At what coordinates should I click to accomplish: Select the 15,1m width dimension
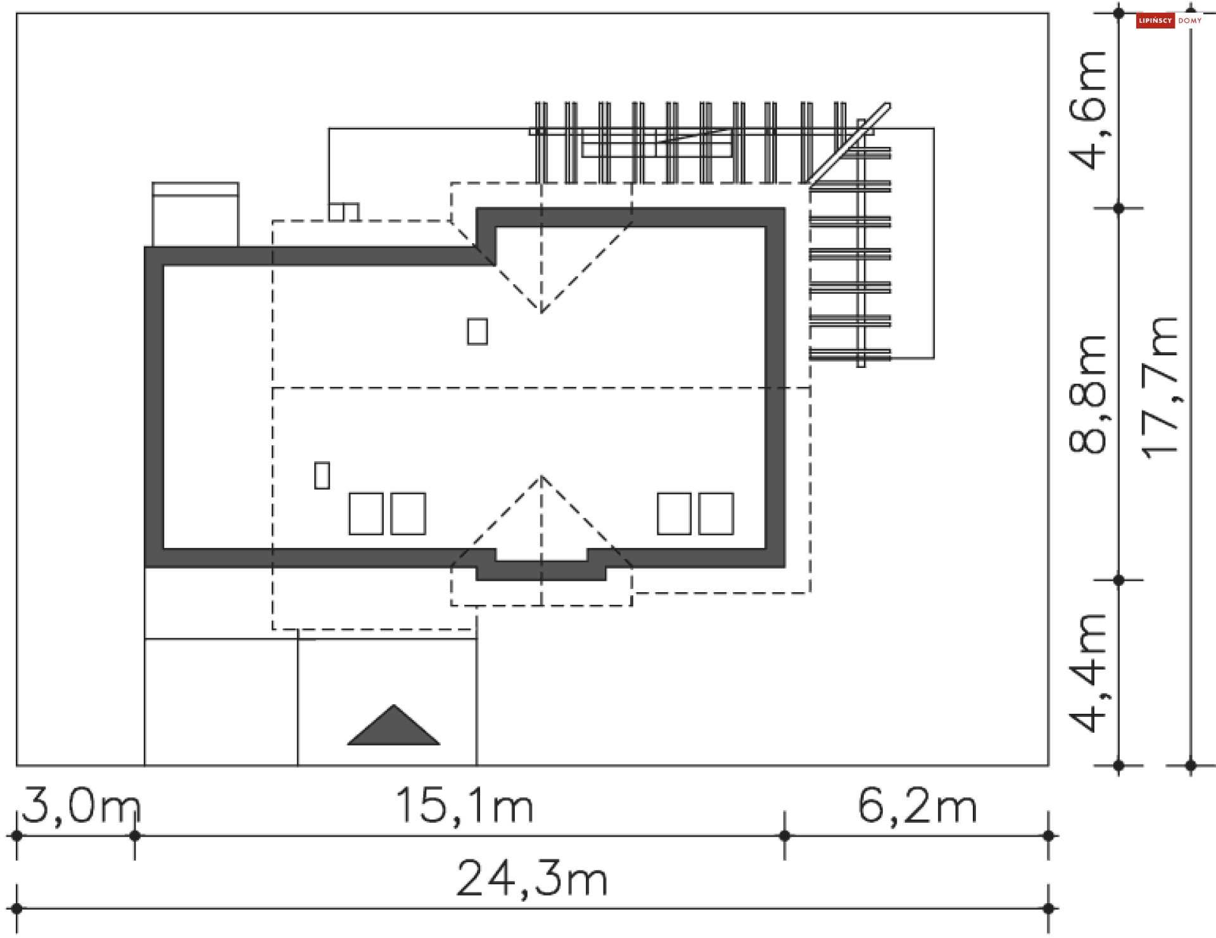pyautogui.click(x=464, y=806)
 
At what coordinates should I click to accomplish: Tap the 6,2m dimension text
pyautogui.click(x=916, y=806)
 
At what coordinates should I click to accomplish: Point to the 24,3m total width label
pyautogui.click(x=531, y=879)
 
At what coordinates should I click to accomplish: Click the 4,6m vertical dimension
pyautogui.click(x=1087, y=111)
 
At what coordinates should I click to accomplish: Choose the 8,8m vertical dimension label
pyautogui.click(x=1087, y=394)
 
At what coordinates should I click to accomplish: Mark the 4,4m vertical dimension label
pyautogui.click(x=1087, y=673)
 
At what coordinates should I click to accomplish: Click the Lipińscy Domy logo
pyautogui.click(x=1169, y=21)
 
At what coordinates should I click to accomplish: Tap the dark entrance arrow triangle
pyautogui.click(x=393, y=727)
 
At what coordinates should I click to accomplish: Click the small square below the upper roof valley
pyautogui.click(x=478, y=331)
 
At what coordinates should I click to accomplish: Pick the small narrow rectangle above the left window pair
pyautogui.click(x=322, y=475)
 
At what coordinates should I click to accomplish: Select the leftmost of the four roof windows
pyautogui.click(x=365, y=514)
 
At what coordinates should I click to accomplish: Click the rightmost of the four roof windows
pyautogui.click(x=716, y=514)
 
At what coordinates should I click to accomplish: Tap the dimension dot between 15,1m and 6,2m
pyautogui.click(x=785, y=835)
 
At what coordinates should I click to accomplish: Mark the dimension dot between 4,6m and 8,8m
pyautogui.click(x=1118, y=208)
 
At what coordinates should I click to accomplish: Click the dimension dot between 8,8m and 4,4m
pyautogui.click(x=1118, y=580)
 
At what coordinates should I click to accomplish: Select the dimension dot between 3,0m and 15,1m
pyautogui.click(x=134, y=835)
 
